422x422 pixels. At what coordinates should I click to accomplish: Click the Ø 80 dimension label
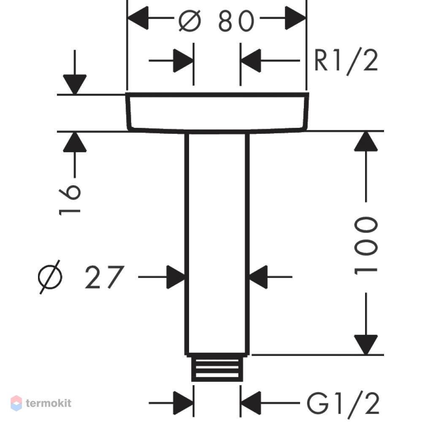point(216,21)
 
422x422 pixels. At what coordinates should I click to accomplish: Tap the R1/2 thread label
point(346,61)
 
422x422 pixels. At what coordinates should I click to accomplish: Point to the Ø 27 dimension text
point(81,277)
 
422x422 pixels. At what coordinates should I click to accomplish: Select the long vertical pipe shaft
point(217,244)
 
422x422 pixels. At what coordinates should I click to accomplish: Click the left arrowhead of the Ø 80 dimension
point(138,18)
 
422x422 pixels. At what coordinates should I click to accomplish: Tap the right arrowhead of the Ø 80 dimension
point(295,18)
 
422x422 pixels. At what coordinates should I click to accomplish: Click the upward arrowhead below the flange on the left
point(75,142)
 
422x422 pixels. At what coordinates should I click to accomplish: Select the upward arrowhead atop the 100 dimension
point(366,141)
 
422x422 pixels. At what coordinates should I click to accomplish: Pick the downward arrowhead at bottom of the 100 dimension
point(366,345)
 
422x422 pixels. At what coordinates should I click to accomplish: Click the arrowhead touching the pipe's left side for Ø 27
point(176,277)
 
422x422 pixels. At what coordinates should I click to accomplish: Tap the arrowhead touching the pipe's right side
point(258,277)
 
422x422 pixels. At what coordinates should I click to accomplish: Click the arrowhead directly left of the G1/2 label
point(251,403)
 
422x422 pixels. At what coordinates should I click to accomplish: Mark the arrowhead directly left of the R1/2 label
point(251,60)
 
